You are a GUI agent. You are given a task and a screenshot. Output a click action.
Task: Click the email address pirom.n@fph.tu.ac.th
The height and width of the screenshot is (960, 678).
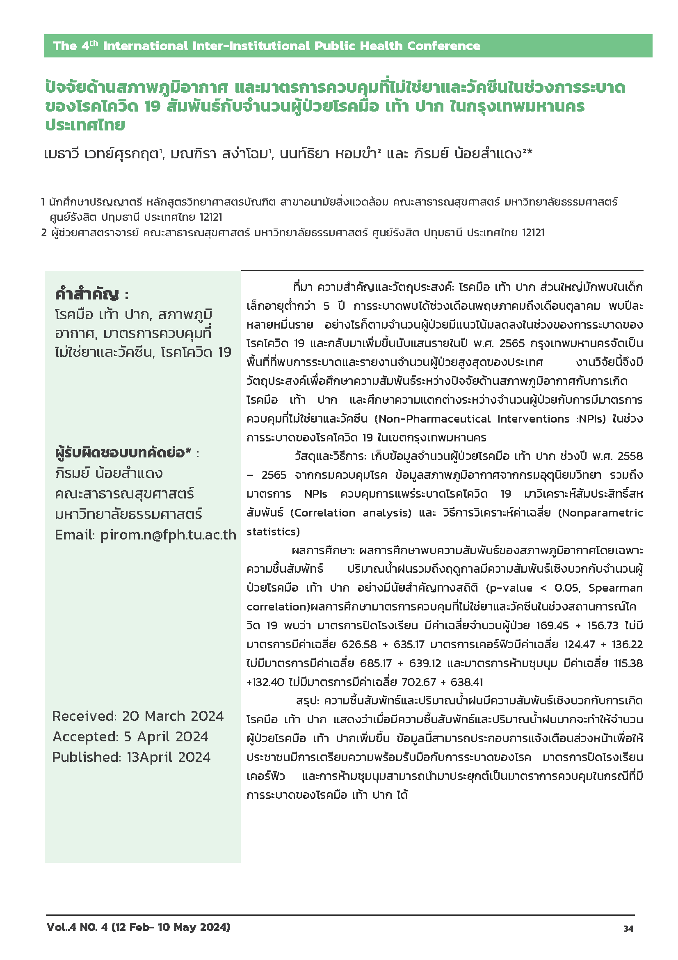coord(168,535)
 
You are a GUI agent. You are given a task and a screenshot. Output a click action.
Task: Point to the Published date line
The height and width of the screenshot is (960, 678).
coord(131,757)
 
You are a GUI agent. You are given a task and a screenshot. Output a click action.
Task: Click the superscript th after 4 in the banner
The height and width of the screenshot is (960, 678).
coord(94,43)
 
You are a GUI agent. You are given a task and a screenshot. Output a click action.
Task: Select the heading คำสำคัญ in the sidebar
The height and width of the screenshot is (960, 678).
coord(87,294)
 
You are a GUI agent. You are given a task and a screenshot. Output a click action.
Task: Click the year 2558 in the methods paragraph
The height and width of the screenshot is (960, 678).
coord(630,456)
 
